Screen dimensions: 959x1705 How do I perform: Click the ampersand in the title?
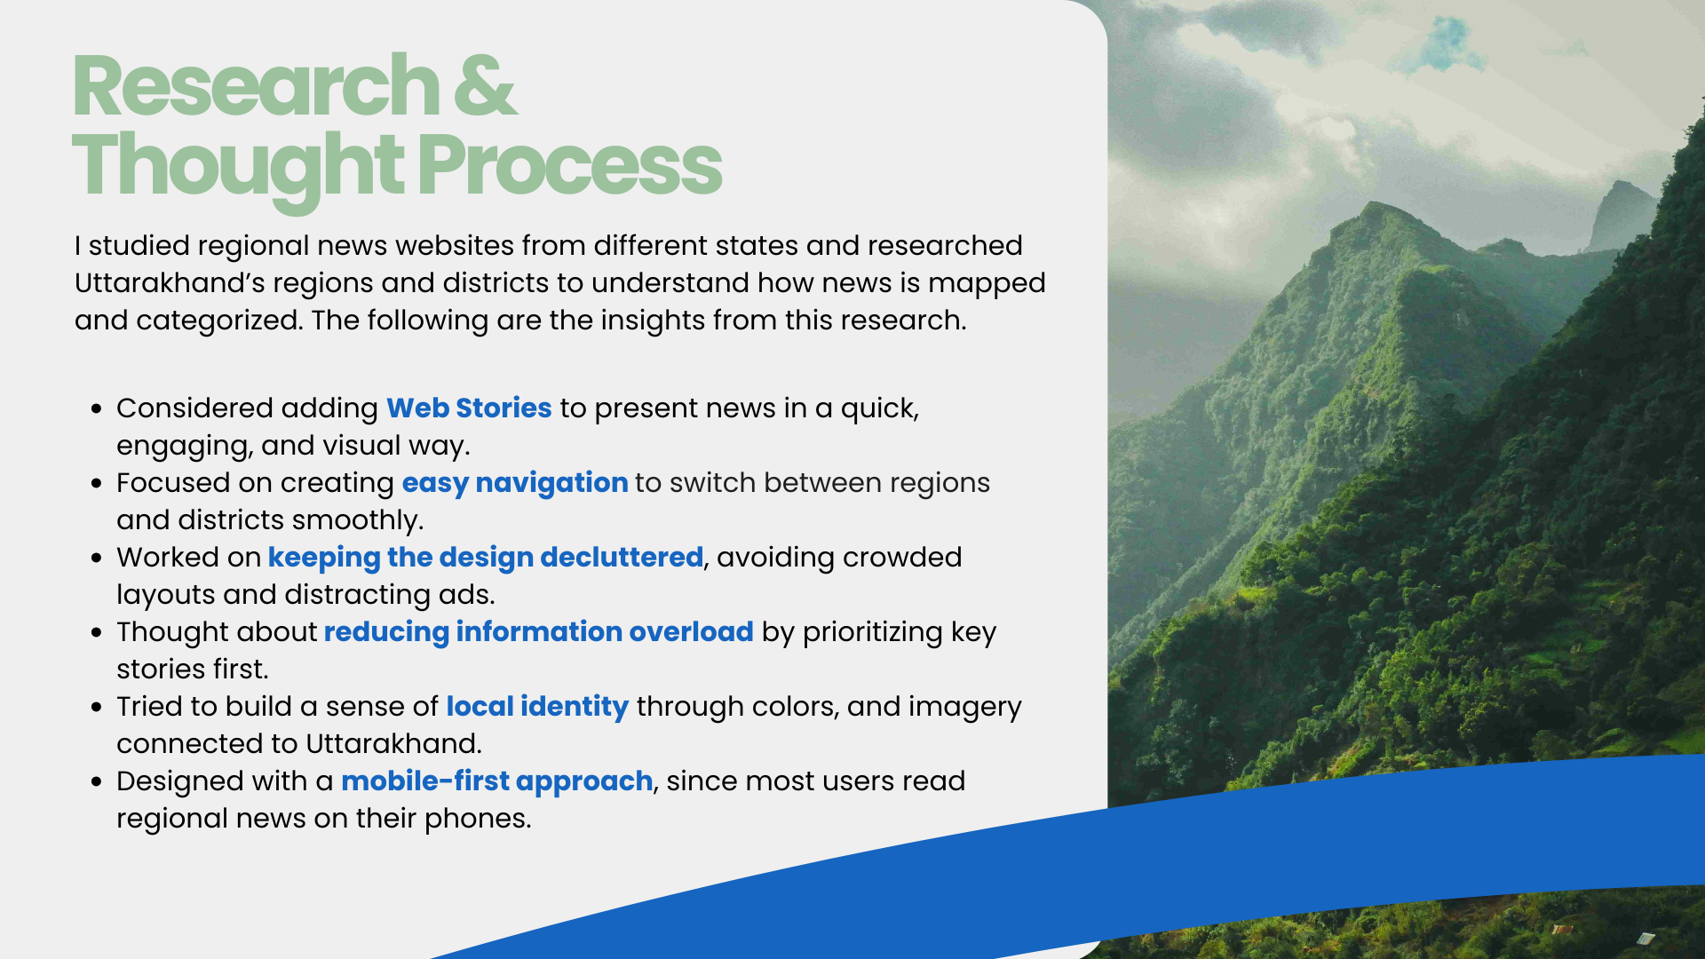point(485,86)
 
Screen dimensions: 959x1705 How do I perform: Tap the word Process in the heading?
point(569,166)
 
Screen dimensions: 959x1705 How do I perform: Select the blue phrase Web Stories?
point(469,408)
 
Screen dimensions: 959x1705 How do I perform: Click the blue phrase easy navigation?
point(514,482)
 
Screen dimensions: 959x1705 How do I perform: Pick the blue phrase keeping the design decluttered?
point(485,557)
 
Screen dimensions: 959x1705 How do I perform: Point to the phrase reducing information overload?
point(538,631)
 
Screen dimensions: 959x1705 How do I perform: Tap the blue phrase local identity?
point(536,706)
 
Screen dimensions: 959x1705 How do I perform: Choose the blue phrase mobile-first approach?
point(496,781)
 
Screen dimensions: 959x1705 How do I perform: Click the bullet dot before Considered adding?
point(97,409)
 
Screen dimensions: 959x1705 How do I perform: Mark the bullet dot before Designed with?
point(97,782)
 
